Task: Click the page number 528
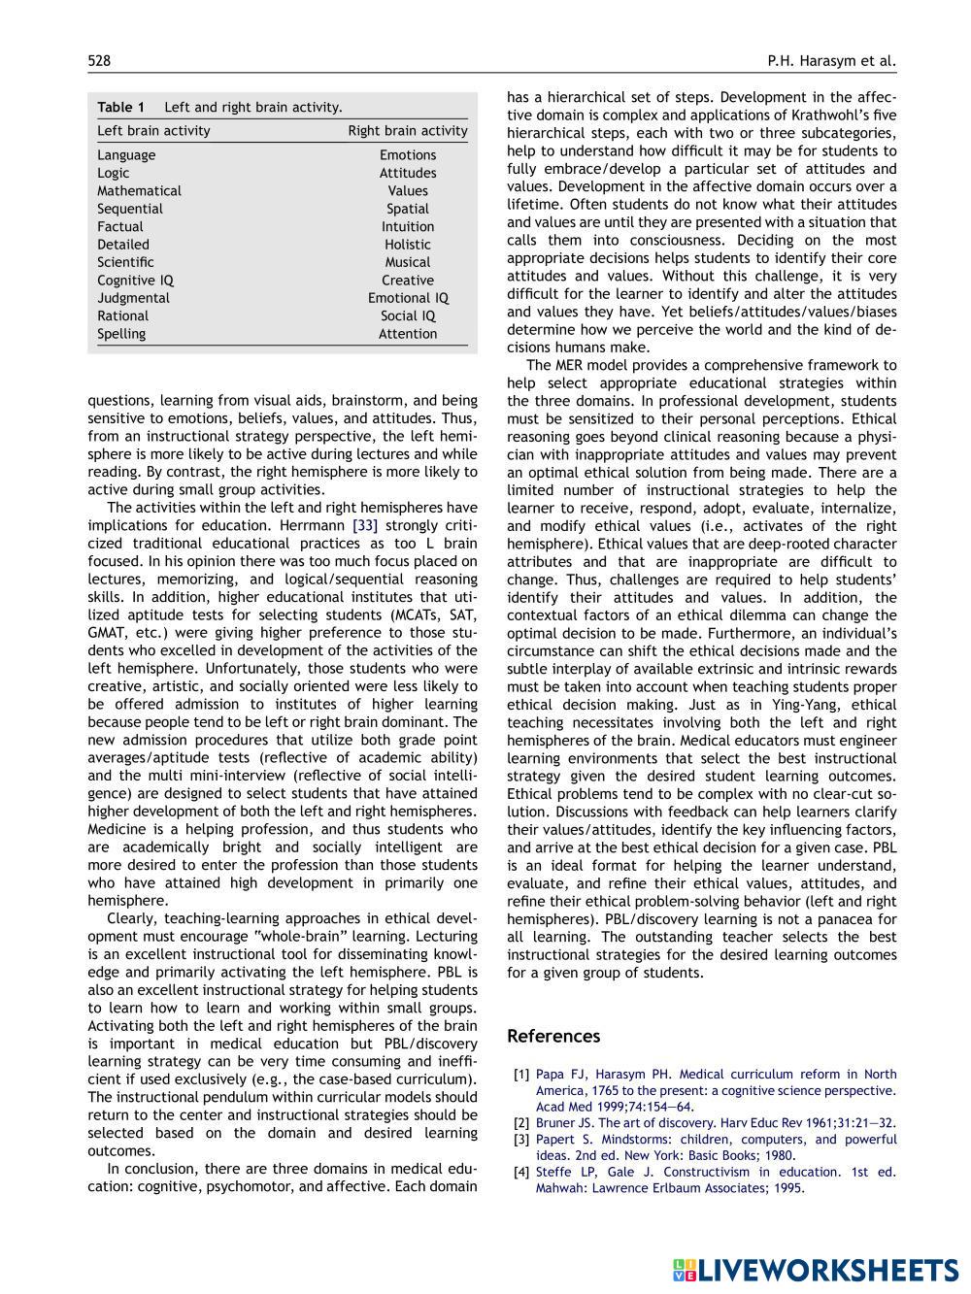(x=99, y=61)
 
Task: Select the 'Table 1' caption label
(x=120, y=107)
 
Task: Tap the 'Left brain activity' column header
(x=153, y=131)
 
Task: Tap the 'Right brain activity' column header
(x=408, y=131)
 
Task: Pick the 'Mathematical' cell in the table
(x=139, y=191)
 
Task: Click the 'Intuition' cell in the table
(x=408, y=227)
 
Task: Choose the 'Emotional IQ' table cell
(x=408, y=298)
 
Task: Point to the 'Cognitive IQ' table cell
(x=135, y=281)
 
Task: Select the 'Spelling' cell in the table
(x=121, y=334)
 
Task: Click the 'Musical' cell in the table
(x=408, y=262)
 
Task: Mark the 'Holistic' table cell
(x=408, y=245)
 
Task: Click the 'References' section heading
(x=553, y=1036)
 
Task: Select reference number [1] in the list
(x=521, y=1075)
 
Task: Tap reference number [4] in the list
(x=521, y=1172)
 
